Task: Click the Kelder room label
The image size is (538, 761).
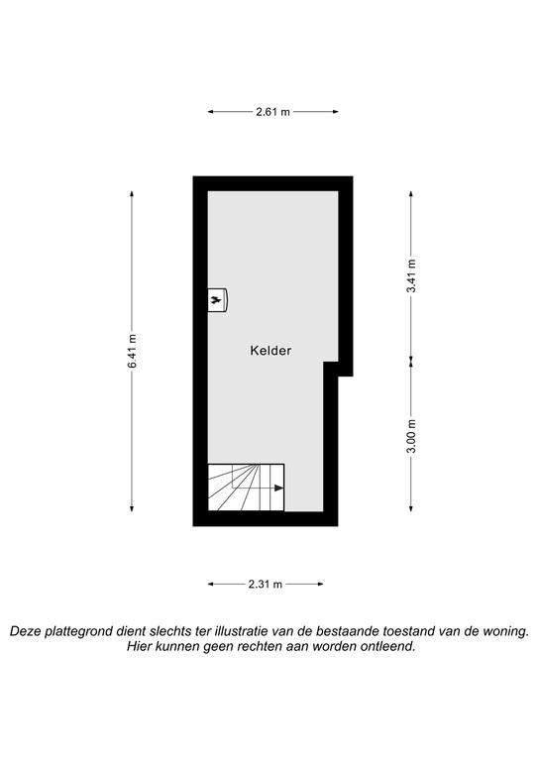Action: click(x=270, y=351)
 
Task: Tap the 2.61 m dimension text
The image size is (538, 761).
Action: click(x=273, y=112)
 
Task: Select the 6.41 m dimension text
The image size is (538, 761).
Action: click(x=132, y=351)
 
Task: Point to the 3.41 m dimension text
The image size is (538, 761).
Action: click(x=411, y=275)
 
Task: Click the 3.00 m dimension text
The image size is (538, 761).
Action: click(x=411, y=436)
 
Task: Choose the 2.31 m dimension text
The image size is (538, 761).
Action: click(x=266, y=584)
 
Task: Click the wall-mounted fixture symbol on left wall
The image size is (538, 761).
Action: click(x=218, y=300)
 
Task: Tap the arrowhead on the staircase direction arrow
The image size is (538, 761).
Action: click(x=279, y=488)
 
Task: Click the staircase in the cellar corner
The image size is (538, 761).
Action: click(x=246, y=488)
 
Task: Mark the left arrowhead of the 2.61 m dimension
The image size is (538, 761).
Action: click(x=211, y=112)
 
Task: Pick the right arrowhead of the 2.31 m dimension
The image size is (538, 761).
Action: click(x=320, y=584)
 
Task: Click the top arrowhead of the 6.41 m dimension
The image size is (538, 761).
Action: click(x=132, y=194)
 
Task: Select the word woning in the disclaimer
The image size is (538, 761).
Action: click(x=506, y=632)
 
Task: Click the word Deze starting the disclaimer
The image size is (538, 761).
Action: click(x=25, y=632)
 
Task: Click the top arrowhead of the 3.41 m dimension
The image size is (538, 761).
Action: click(x=411, y=194)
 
